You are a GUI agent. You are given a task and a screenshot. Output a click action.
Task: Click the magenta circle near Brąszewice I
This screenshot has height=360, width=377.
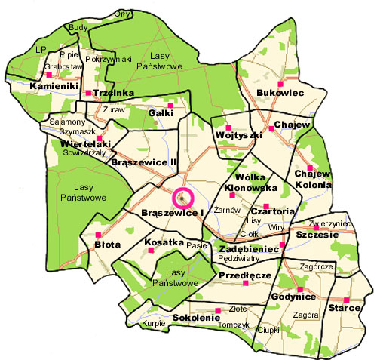(x=183, y=198)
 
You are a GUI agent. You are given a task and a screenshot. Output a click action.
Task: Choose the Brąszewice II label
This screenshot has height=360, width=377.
(x=143, y=162)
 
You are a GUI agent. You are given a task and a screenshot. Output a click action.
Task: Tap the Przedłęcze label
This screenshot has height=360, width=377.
(x=244, y=276)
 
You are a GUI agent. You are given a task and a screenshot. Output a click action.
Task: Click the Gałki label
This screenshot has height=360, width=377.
(x=161, y=112)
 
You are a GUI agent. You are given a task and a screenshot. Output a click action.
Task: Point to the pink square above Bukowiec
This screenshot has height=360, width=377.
(x=280, y=83)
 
